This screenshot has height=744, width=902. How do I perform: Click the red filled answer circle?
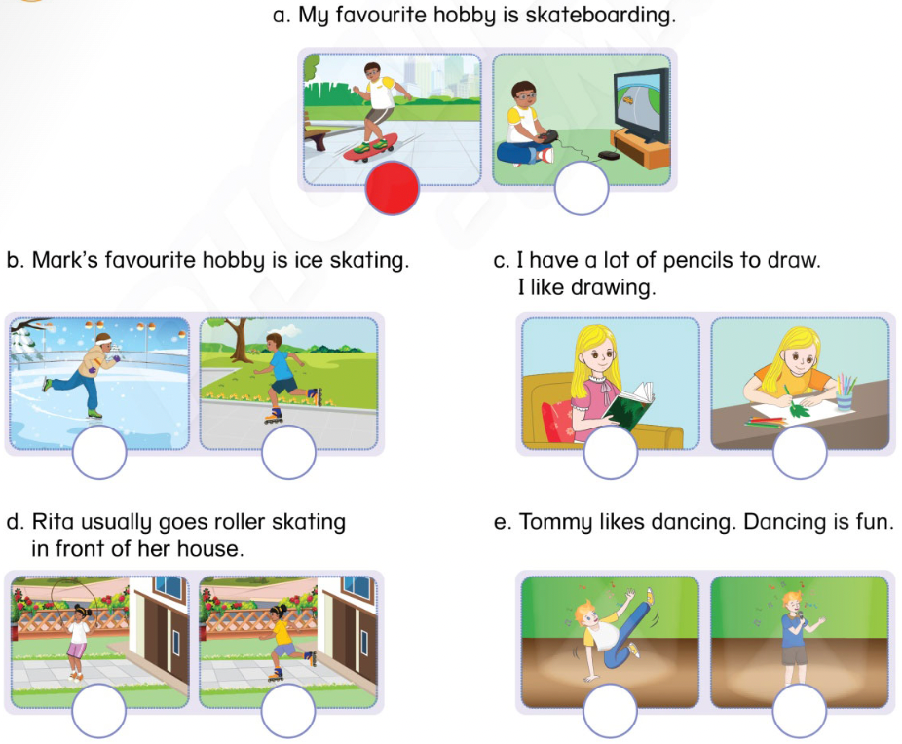coord(393,189)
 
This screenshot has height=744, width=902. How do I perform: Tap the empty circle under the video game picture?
coord(582,189)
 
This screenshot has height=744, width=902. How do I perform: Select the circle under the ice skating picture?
coord(98,452)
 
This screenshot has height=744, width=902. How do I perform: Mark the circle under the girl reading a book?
coord(611,452)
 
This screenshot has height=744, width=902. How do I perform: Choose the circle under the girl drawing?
coord(800,452)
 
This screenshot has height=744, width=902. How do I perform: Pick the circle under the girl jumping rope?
coord(98,712)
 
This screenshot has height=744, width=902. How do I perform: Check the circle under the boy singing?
coord(800,712)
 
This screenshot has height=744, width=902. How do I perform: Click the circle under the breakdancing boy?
coord(611,712)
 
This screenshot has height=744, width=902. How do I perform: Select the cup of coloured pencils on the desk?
coord(844,393)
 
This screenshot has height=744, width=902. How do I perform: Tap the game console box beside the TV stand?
coord(608,155)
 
